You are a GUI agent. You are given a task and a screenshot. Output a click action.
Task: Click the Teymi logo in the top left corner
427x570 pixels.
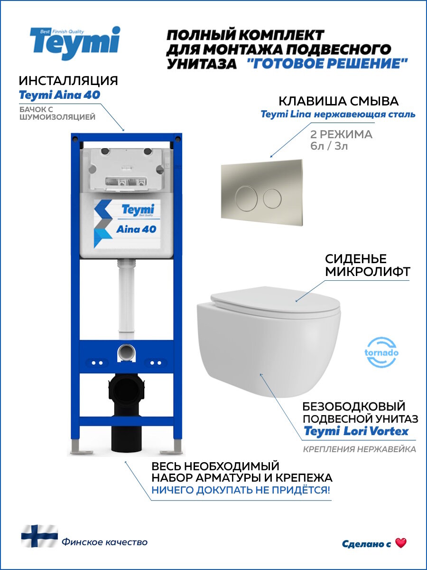[75, 42]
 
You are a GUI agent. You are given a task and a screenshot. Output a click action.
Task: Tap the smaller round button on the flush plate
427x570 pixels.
[272, 196]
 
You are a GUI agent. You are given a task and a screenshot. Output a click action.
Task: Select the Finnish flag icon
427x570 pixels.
[39, 536]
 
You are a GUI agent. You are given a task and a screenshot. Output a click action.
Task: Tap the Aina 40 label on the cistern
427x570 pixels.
[136, 229]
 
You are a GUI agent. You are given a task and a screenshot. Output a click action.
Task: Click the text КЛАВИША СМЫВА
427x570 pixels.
[338, 101]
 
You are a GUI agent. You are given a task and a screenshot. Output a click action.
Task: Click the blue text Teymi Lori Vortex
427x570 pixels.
[356, 431]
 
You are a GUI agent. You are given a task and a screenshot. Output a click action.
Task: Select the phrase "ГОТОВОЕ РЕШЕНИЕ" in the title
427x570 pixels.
[327, 64]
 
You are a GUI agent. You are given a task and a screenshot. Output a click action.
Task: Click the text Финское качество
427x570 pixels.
[104, 542]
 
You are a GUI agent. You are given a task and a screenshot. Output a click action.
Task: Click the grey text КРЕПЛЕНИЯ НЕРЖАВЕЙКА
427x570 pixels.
[359, 449]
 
